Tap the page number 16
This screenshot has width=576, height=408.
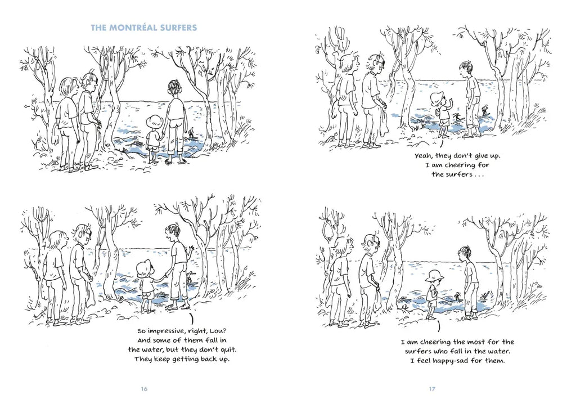pos(144,388)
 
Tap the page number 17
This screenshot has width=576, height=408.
pos(432,388)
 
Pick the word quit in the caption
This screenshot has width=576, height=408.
pos(229,349)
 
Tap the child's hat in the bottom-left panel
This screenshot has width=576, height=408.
pos(143,270)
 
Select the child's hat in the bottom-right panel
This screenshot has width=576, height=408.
pos(433,276)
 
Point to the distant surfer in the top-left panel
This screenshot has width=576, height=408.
pos(191,132)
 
